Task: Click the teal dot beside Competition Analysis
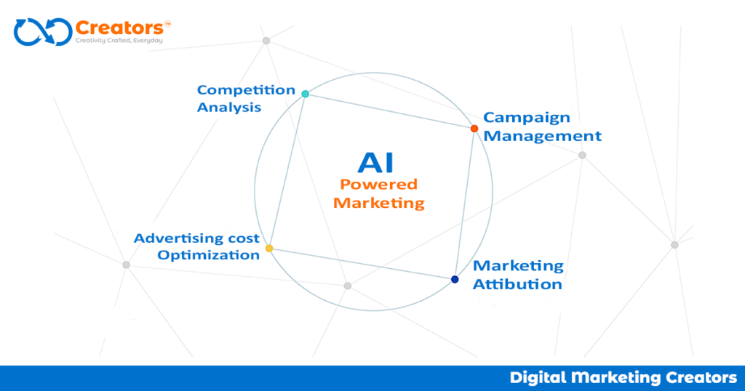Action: (306, 94)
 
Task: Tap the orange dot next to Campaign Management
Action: (474, 129)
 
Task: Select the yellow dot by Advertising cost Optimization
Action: (269, 249)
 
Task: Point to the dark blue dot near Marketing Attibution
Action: (455, 279)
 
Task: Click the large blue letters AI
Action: (376, 162)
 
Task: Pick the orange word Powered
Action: (379, 185)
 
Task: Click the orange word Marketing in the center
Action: (379, 203)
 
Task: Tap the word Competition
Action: (246, 91)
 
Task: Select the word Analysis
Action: (229, 108)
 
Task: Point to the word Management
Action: (543, 136)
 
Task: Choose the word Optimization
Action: (208, 255)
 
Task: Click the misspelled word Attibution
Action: (517, 284)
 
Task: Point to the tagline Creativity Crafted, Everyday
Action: (119, 41)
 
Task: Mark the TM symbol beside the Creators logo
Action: (168, 23)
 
